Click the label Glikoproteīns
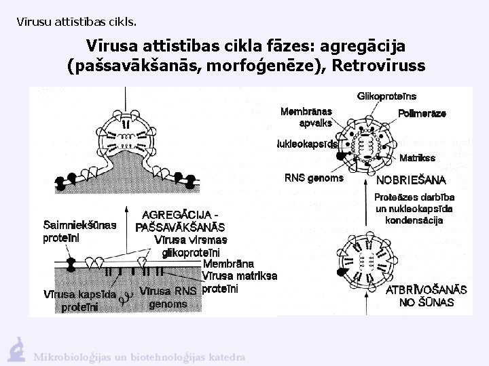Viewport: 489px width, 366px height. (x=386, y=97)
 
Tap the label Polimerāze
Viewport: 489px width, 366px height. (x=422, y=114)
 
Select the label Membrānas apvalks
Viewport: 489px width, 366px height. (x=306, y=117)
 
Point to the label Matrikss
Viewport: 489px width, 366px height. (x=417, y=158)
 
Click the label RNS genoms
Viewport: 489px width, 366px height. (x=314, y=178)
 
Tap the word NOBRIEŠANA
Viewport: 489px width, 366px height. (x=410, y=180)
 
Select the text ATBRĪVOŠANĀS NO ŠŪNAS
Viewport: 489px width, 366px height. (x=427, y=296)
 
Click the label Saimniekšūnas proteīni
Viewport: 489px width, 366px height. (x=79, y=231)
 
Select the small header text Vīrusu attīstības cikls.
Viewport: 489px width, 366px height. (x=76, y=22)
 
